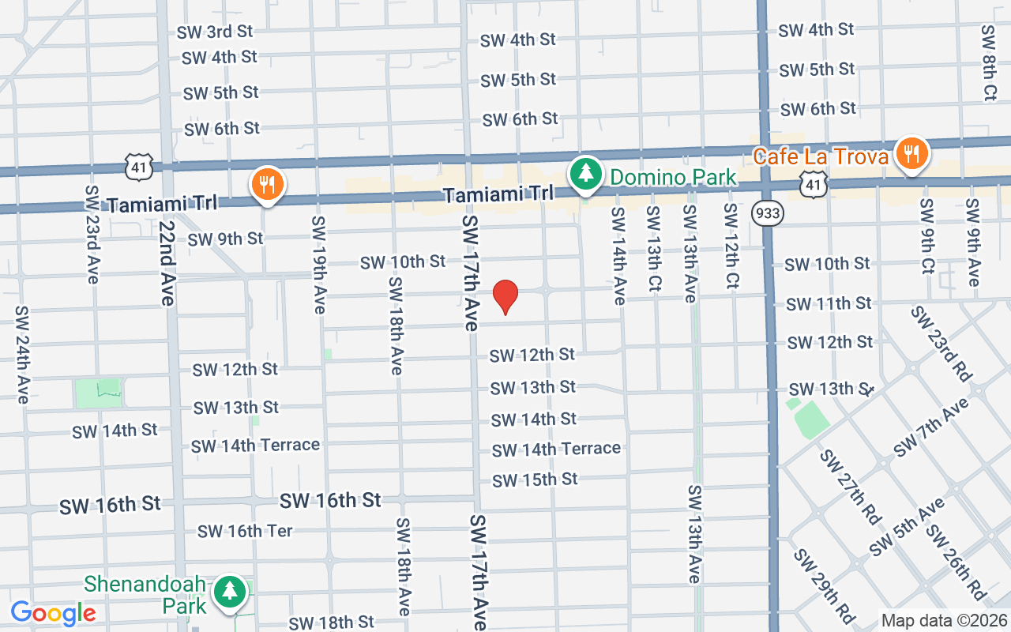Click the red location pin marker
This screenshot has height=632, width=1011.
[x=505, y=297]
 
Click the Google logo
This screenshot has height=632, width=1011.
[x=53, y=612]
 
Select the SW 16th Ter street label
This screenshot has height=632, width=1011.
[x=245, y=531]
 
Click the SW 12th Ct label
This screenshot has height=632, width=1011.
[x=731, y=245]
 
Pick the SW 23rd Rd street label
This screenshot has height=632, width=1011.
[x=941, y=344]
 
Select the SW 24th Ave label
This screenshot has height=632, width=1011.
[x=22, y=355]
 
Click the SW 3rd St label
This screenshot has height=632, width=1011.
[x=214, y=32]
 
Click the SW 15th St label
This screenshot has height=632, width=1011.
[x=535, y=480]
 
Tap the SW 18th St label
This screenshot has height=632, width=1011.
[x=331, y=623]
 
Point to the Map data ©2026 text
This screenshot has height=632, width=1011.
[x=945, y=621]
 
